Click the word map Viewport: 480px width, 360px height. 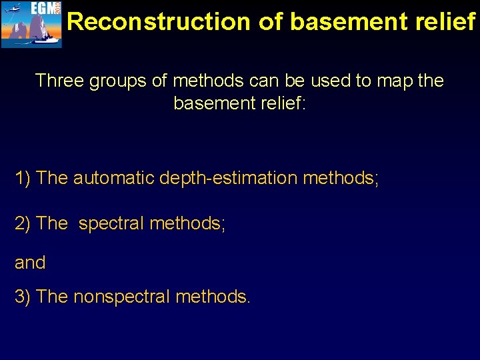(x=394, y=81)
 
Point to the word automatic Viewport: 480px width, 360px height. (x=114, y=178)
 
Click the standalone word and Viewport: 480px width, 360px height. (x=30, y=263)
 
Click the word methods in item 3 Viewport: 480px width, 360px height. (x=213, y=296)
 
